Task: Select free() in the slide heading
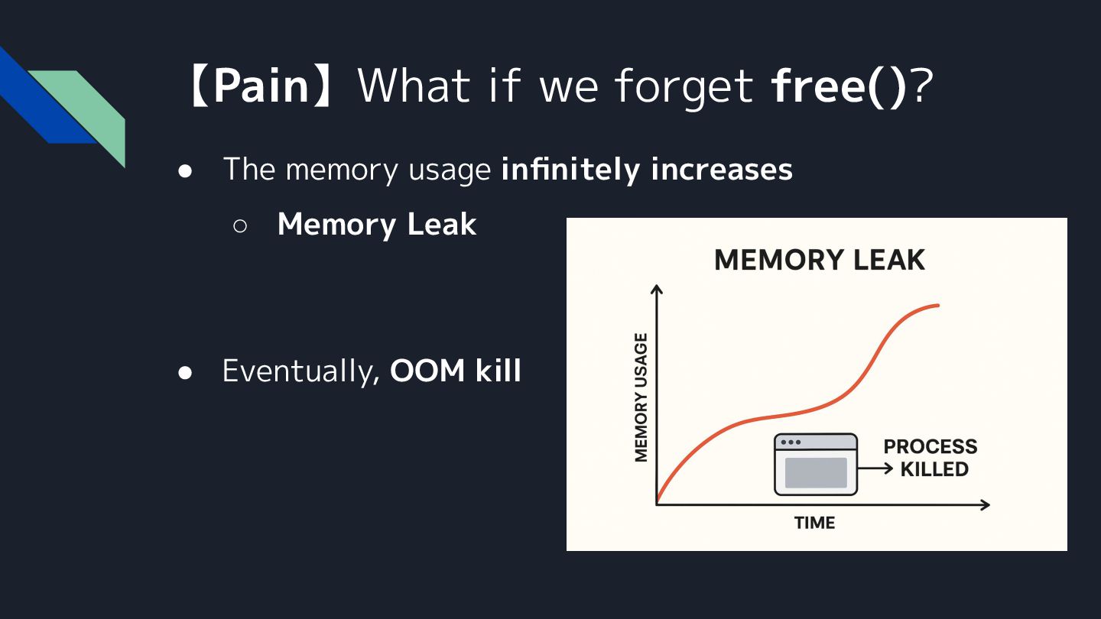pyautogui.click(x=839, y=86)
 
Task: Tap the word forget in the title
pyautogui.click(x=684, y=86)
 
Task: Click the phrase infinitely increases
pyautogui.click(x=647, y=169)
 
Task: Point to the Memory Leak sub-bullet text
pyautogui.click(x=377, y=225)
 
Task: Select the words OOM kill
pyautogui.click(x=456, y=371)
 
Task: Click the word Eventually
pyautogui.click(x=300, y=371)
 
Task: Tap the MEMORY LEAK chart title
pyautogui.click(x=819, y=261)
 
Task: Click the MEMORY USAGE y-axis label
pyautogui.click(x=641, y=397)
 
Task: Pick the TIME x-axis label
pyautogui.click(x=814, y=523)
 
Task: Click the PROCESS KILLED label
pyautogui.click(x=931, y=458)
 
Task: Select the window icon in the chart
pyautogui.click(x=816, y=465)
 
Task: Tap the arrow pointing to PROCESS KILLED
pyautogui.click(x=875, y=469)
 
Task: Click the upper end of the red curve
pyautogui.click(x=936, y=306)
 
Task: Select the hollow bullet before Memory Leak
pyautogui.click(x=239, y=226)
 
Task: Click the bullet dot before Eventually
pyautogui.click(x=184, y=372)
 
